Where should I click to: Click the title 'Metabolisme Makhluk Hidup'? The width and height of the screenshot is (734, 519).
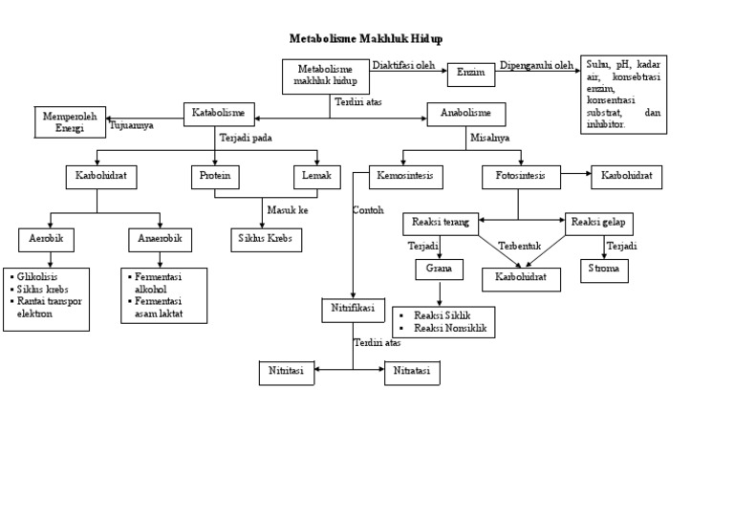pos(366,39)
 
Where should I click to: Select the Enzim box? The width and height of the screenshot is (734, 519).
pos(470,73)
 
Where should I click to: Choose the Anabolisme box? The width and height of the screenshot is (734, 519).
pos(465,114)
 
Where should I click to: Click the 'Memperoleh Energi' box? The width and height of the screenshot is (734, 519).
pos(71,121)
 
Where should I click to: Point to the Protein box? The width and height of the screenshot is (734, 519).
pos(214,176)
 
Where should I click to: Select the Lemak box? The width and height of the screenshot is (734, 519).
pos(316,176)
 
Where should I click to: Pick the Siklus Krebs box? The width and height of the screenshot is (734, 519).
pos(266,239)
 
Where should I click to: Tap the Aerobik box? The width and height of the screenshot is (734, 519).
pos(46,238)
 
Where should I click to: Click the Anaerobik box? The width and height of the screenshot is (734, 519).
pos(160,238)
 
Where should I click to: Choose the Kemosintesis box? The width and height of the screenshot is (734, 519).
pos(405,177)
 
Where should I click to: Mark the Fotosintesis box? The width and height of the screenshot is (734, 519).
pos(520,177)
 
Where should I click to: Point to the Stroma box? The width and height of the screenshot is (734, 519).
pos(605,270)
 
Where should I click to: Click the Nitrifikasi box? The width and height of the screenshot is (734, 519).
pos(353,310)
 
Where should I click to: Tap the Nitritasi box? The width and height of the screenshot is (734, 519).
pos(287,373)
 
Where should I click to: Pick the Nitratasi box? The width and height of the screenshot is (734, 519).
pos(412,373)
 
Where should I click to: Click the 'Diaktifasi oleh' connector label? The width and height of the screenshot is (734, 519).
pos(403,66)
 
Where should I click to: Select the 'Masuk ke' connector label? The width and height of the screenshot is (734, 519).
pos(288,210)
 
